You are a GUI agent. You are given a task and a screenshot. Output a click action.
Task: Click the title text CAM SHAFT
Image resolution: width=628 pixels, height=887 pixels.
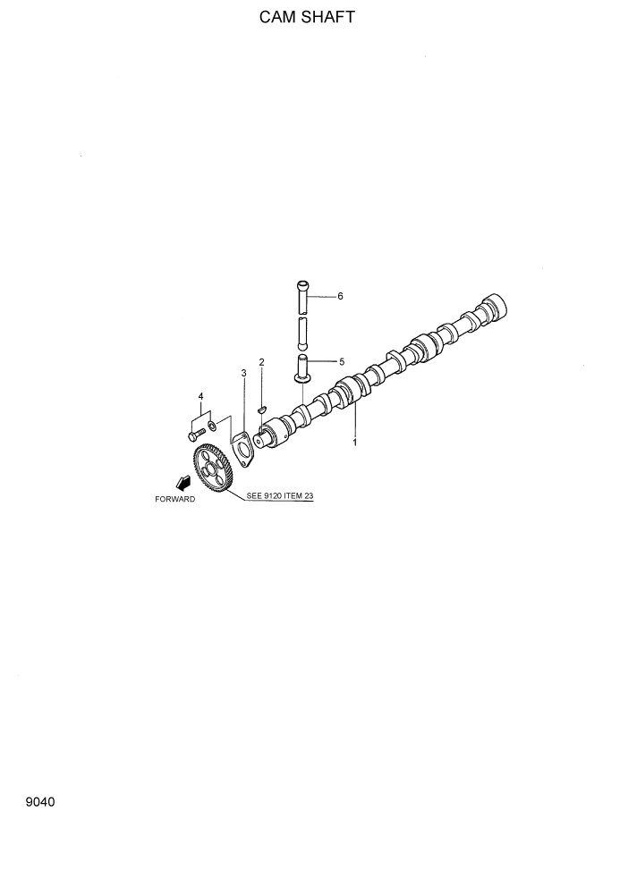coord(307,17)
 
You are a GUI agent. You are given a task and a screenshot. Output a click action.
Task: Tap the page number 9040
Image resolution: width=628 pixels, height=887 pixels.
coord(40,802)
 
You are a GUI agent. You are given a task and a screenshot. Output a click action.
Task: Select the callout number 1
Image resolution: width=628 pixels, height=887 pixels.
coord(354,442)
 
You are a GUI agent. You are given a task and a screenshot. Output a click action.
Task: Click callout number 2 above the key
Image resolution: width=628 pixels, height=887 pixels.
coord(261,362)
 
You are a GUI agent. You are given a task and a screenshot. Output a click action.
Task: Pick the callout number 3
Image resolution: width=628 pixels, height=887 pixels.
coord(242,372)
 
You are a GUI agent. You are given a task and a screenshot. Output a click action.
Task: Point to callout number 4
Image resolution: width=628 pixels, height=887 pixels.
coord(200,396)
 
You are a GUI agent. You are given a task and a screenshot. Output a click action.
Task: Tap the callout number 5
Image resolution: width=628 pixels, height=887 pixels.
coord(341,362)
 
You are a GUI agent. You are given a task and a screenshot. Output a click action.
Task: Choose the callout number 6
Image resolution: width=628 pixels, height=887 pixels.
coord(340,296)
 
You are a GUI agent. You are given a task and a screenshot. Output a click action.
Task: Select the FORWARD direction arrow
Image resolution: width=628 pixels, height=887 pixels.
coord(183,483)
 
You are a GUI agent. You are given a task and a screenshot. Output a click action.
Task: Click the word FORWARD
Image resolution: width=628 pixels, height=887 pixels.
coord(174,499)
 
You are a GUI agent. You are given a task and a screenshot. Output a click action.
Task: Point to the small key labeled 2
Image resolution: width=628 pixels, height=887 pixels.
coord(261,410)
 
